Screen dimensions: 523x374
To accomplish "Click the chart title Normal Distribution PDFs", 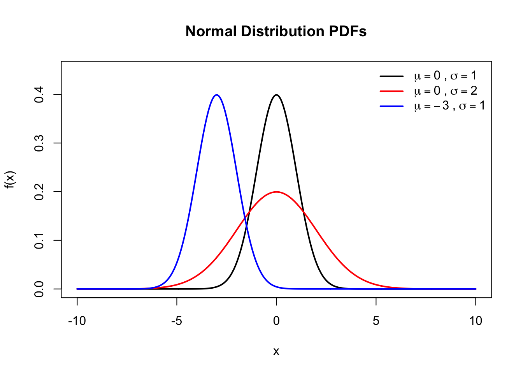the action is pyautogui.click(x=276, y=31).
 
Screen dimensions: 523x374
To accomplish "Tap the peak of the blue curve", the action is pyautogui.click(x=217, y=95).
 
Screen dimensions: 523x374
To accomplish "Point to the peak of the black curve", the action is pyautogui.click(x=276, y=95).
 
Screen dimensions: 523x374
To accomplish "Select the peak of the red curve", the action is pyautogui.click(x=276, y=192).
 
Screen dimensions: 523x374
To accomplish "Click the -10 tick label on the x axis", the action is pyautogui.click(x=77, y=321).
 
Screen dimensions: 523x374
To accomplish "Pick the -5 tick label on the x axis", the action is pyautogui.click(x=177, y=321).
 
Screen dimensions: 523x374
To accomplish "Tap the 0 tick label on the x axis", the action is pyautogui.click(x=276, y=321).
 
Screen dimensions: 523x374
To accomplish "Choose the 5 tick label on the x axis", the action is pyautogui.click(x=376, y=321).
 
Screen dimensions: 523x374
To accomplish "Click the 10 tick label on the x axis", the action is pyautogui.click(x=476, y=321).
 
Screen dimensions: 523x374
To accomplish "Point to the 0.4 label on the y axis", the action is pyautogui.click(x=39, y=94).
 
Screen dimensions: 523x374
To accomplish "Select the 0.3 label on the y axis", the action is pyautogui.click(x=39, y=143).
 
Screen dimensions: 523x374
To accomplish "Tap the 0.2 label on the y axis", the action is pyautogui.click(x=39, y=192).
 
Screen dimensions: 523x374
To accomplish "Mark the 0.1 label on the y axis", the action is pyautogui.click(x=39, y=240).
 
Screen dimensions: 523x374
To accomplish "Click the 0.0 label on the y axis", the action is pyautogui.click(x=39, y=289).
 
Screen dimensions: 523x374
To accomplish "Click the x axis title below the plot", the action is pyautogui.click(x=276, y=351).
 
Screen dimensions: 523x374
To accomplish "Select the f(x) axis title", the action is pyautogui.click(x=10, y=180).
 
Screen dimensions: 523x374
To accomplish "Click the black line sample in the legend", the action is pyautogui.click(x=391, y=76).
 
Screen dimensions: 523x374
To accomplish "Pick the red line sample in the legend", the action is pyautogui.click(x=391, y=91).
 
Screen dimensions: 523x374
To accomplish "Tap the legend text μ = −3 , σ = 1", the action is pyautogui.click(x=449, y=106).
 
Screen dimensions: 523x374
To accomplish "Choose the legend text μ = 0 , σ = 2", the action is pyautogui.click(x=446, y=91).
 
